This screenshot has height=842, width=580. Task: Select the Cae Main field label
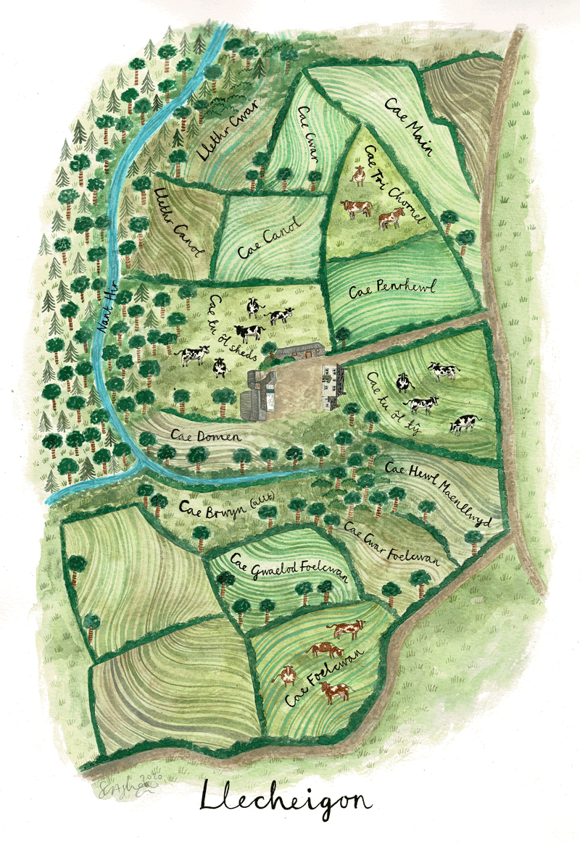click(x=410, y=129)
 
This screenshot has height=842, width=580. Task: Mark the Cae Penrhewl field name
click(x=391, y=290)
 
